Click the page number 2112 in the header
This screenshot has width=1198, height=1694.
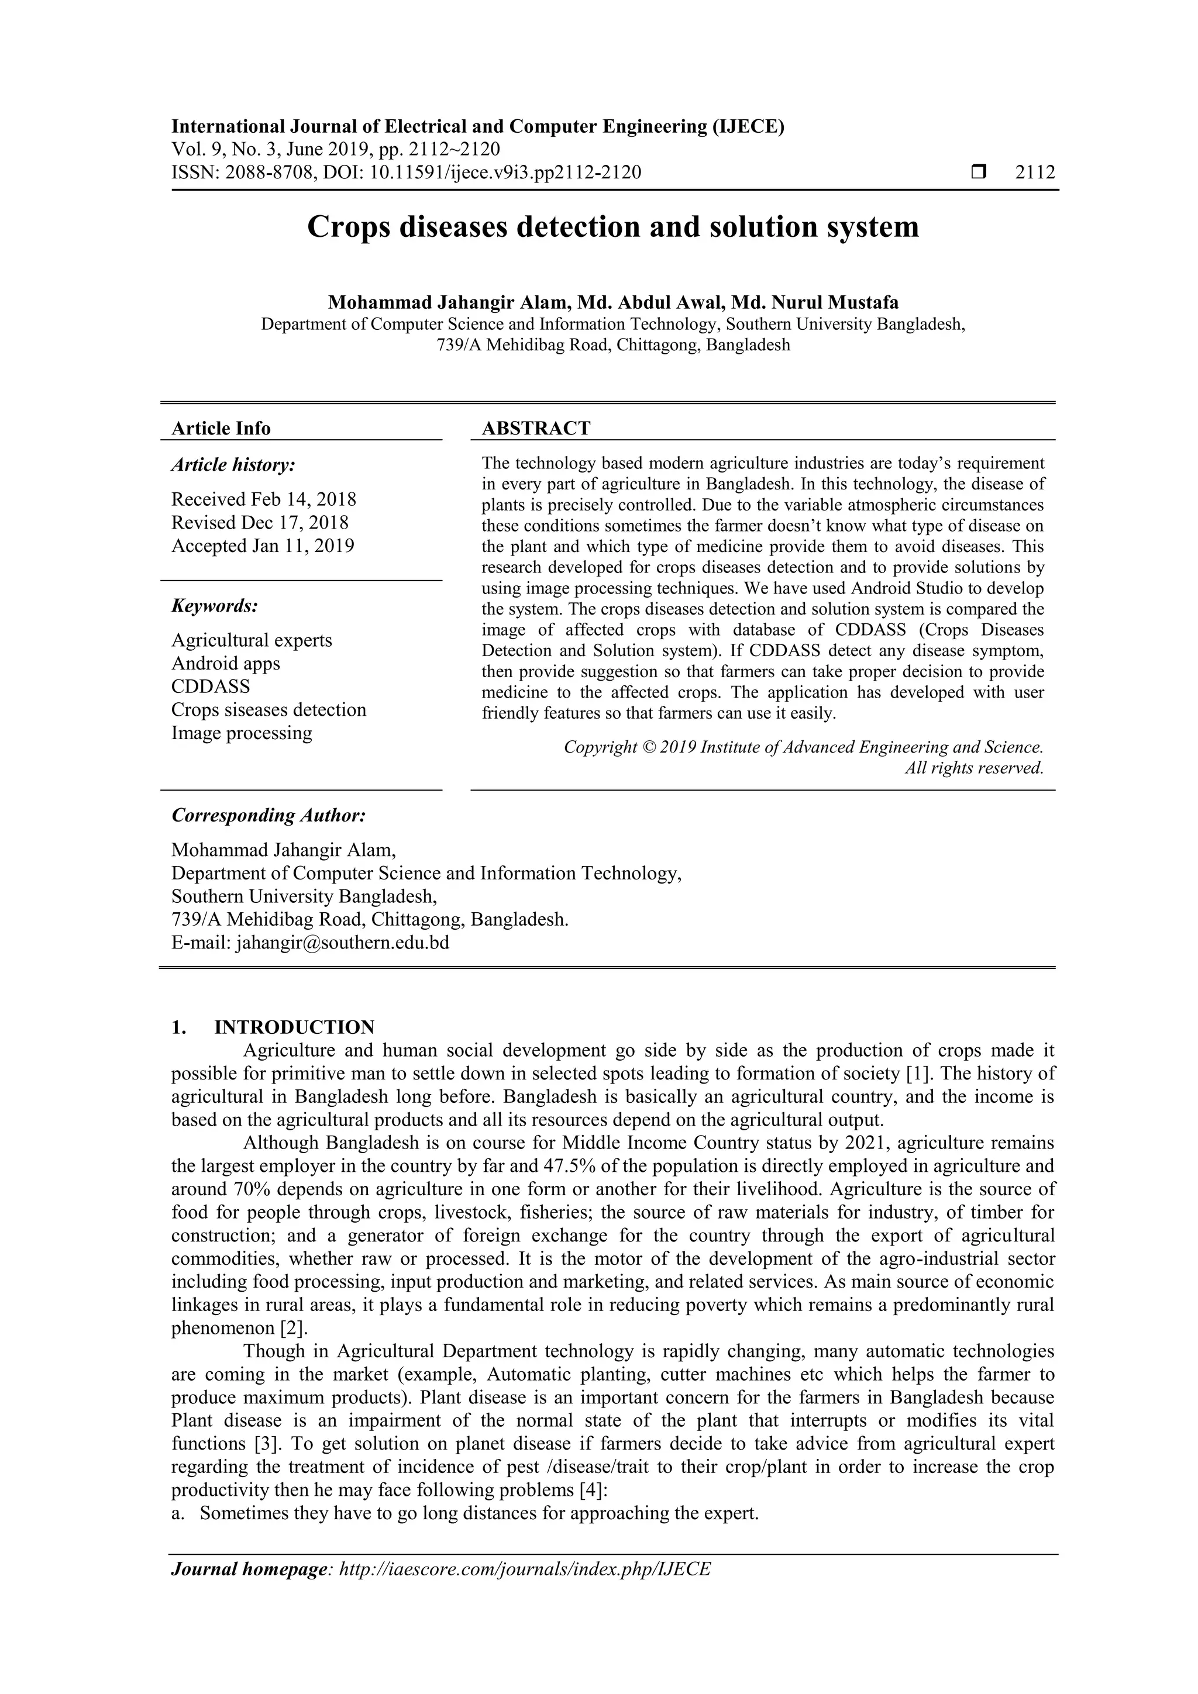[x=1035, y=172]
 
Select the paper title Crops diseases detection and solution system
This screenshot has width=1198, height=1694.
[x=612, y=226]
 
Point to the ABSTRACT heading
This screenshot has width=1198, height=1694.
[x=536, y=429]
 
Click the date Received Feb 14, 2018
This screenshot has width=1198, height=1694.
[x=263, y=499]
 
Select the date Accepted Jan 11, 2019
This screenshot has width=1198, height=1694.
[x=263, y=546]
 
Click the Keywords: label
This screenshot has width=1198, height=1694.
[x=215, y=606]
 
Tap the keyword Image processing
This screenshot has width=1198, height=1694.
[x=242, y=733]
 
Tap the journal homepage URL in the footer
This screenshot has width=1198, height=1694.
[x=524, y=1569]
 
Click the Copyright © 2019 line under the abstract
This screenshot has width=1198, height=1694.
[x=803, y=747]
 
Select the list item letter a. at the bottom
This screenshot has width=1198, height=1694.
[x=177, y=1513]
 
